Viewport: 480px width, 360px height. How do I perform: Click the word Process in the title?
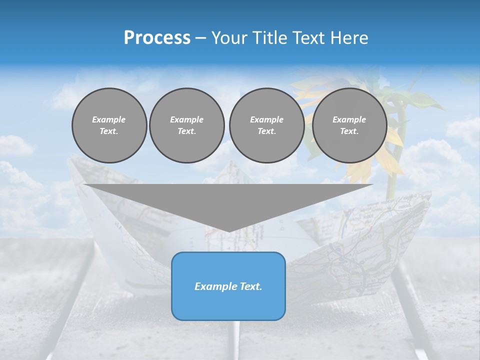pos(157,38)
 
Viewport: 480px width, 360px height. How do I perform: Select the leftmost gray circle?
pos(109,125)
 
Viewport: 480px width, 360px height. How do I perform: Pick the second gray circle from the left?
pos(187,125)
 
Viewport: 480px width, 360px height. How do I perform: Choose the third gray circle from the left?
pos(266,125)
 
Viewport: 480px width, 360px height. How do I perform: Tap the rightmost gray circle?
pos(349,125)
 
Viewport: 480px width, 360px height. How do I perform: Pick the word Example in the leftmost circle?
pos(109,119)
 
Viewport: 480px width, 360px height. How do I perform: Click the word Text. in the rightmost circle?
pos(349,131)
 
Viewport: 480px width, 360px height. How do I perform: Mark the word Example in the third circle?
pos(266,119)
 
